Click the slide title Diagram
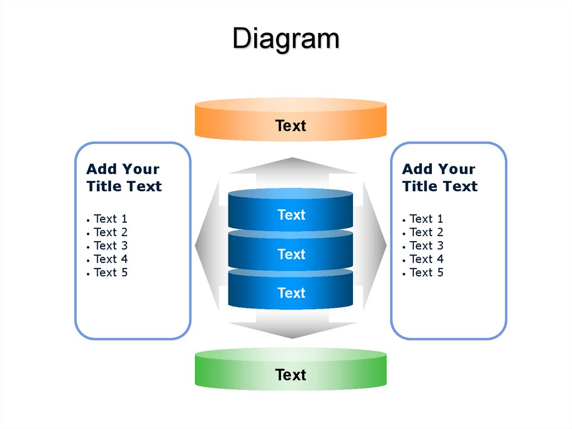tap(286, 39)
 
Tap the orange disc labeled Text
tap(290, 119)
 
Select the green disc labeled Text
tap(290, 369)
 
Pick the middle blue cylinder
tap(290, 250)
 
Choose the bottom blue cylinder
tap(290, 289)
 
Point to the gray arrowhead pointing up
tap(292, 166)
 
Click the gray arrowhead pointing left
tap(207, 246)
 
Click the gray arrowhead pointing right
tap(375, 246)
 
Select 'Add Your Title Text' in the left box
tap(124, 178)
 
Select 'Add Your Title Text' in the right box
tap(440, 178)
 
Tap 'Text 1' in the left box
tap(111, 219)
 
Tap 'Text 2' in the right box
tap(426, 233)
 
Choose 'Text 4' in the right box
tap(426, 259)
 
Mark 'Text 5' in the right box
tap(426, 272)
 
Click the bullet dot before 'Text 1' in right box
tap(404, 220)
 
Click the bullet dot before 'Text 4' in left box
tap(88, 261)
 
